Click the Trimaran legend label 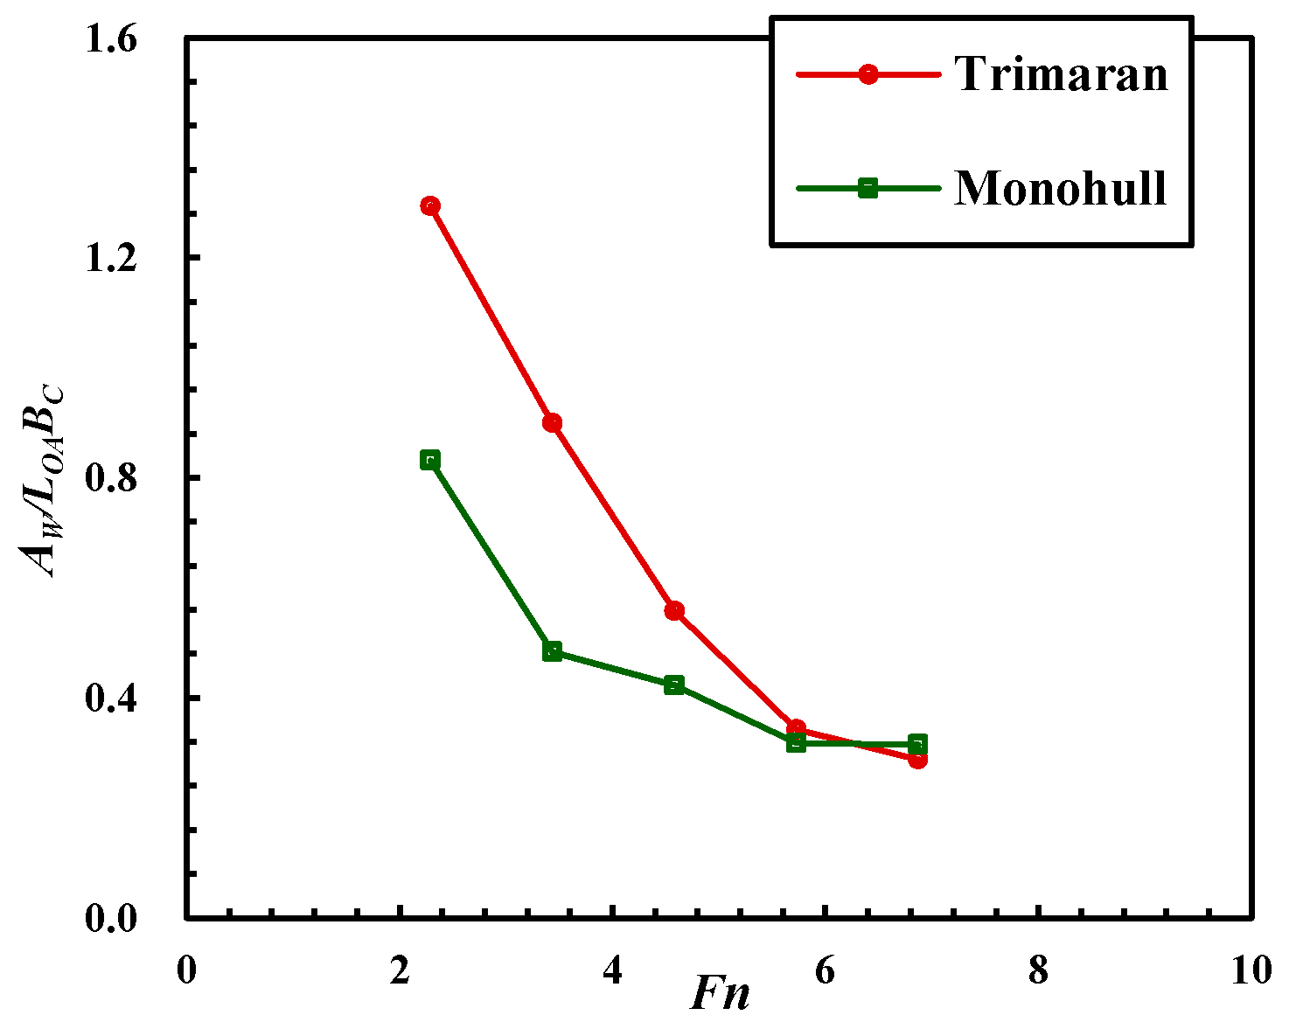pos(1061,73)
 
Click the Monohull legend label pos(1060,187)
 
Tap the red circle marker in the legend pos(867,74)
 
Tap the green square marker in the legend pos(867,188)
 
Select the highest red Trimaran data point pos(429,206)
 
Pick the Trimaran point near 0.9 pos(552,423)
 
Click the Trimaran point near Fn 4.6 pos(673,611)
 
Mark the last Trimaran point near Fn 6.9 pos(917,759)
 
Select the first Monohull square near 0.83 pos(429,461)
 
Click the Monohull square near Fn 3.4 pos(552,651)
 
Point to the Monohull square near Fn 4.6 pos(673,685)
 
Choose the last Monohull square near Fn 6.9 pos(917,745)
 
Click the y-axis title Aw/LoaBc pos(44,480)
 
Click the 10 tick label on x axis pos(1251,970)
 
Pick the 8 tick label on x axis pos(1038,970)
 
